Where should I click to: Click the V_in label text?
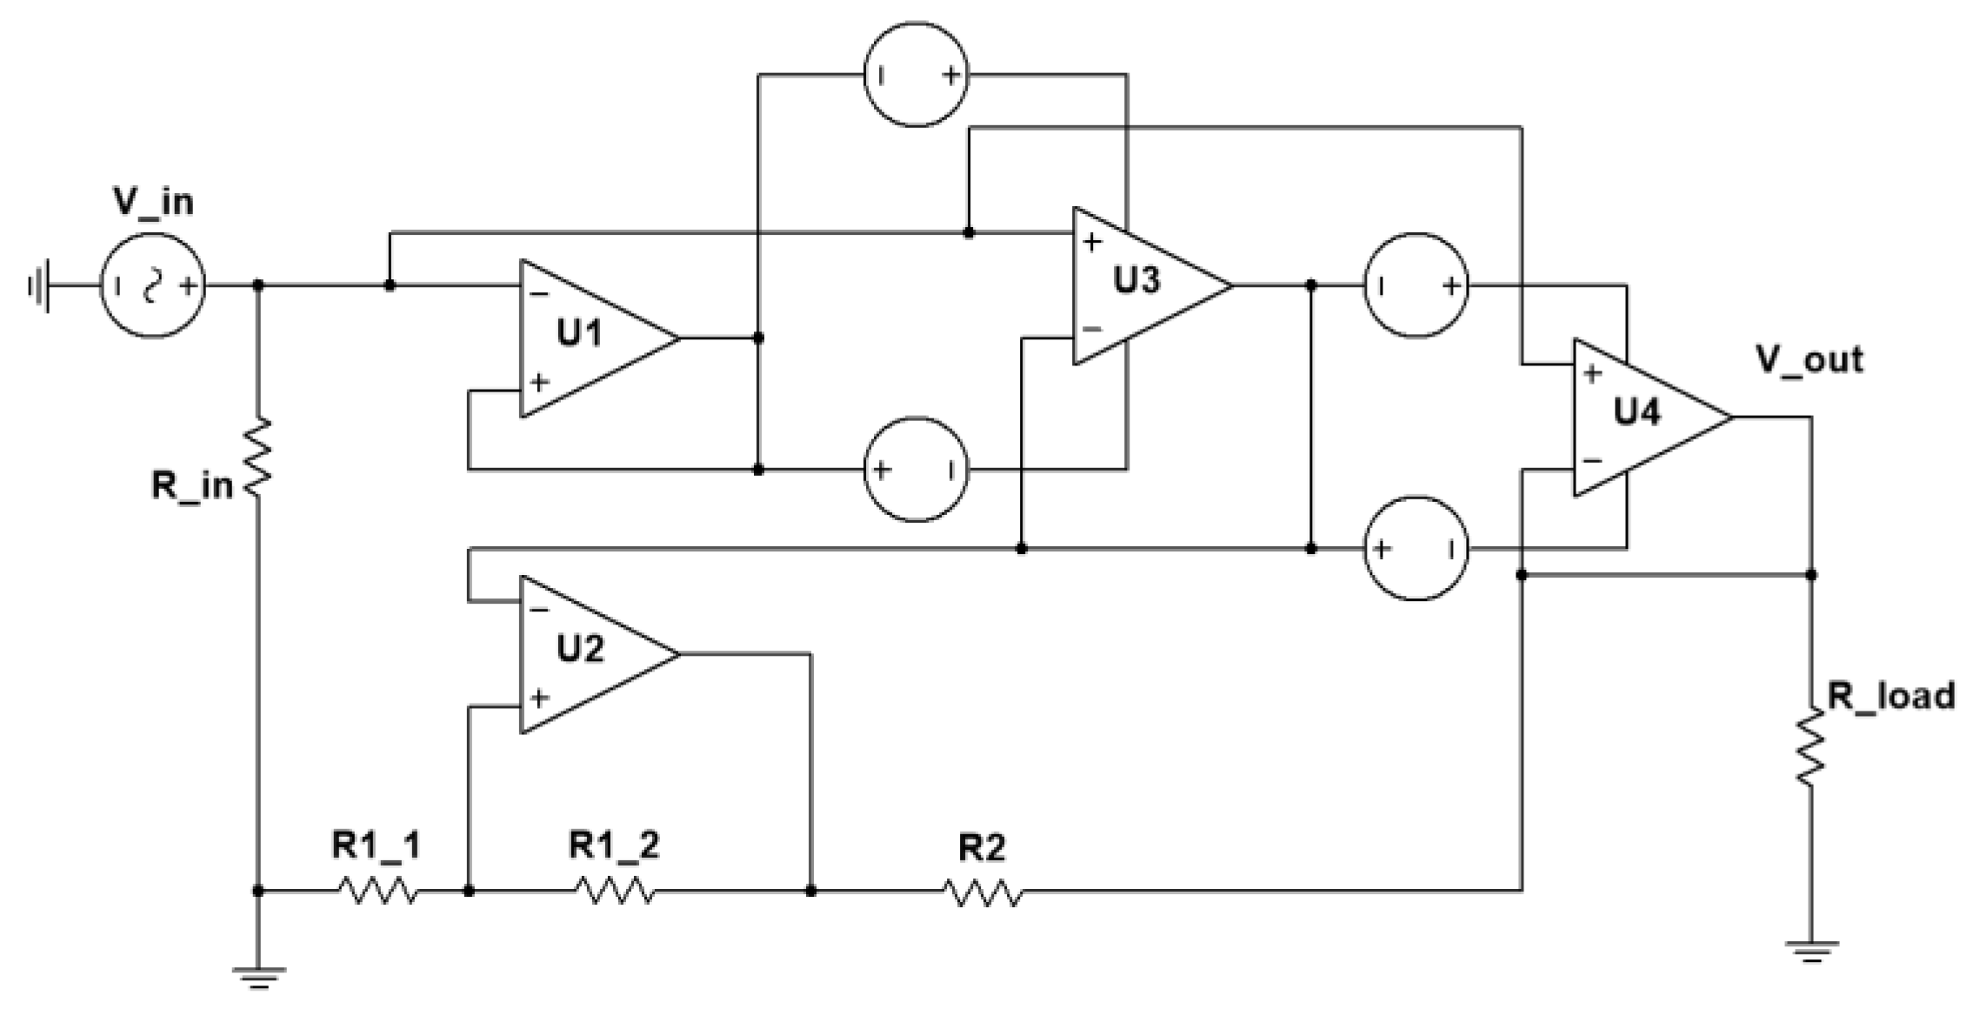click(153, 202)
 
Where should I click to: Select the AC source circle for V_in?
click(153, 285)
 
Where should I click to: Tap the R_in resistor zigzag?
click(258, 458)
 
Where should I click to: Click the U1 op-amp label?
click(579, 333)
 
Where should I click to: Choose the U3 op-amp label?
click(1136, 280)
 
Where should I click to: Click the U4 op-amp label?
click(1636, 411)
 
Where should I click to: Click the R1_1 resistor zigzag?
click(377, 891)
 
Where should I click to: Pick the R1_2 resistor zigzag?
click(615, 891)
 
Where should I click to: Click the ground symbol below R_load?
click(1811, 952)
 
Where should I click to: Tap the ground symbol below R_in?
click(258, 978)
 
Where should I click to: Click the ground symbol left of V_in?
click(39, 285)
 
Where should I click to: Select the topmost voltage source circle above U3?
click(916, 76)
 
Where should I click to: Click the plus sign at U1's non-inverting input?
click(540, 382)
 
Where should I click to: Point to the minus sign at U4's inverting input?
click(1593, 461)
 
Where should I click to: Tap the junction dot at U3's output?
click(1311, 285)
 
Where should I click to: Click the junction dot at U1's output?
click(758, 338)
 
